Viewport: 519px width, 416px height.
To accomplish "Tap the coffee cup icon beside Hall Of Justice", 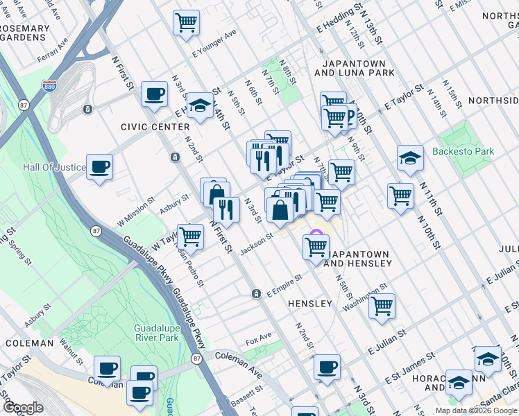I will tap(100, 167).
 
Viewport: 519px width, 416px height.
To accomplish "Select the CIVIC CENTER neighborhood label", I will tap(155, 127).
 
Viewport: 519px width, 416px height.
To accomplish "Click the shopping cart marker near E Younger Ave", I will tap(186, 23).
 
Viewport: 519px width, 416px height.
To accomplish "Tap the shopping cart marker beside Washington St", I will tap(382, 305).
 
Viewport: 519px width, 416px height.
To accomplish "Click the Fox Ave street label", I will tap(258, 342).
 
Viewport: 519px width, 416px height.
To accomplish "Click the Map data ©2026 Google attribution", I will tap(476, 410).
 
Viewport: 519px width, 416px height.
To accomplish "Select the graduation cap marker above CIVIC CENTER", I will tap(200, 105).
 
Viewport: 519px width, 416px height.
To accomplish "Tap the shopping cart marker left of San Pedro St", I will tap(190, 236).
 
